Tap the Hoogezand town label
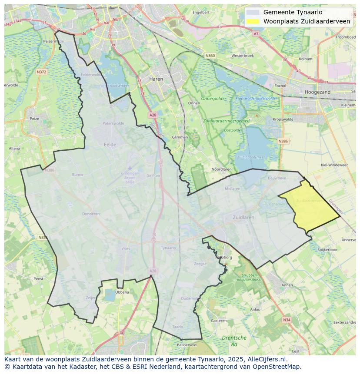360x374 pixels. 317,92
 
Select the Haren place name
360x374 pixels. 156,79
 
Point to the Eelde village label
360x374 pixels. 110,145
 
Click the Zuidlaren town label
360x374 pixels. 243,217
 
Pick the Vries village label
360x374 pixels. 126,248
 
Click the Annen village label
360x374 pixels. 287,285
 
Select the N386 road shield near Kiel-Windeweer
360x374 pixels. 283,141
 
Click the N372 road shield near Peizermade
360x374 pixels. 41,72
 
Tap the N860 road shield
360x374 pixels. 210,56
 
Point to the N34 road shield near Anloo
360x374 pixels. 286,320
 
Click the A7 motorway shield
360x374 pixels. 256,33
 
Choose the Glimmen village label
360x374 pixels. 180,137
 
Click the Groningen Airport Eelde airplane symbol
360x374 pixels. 130,168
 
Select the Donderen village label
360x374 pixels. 91,214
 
